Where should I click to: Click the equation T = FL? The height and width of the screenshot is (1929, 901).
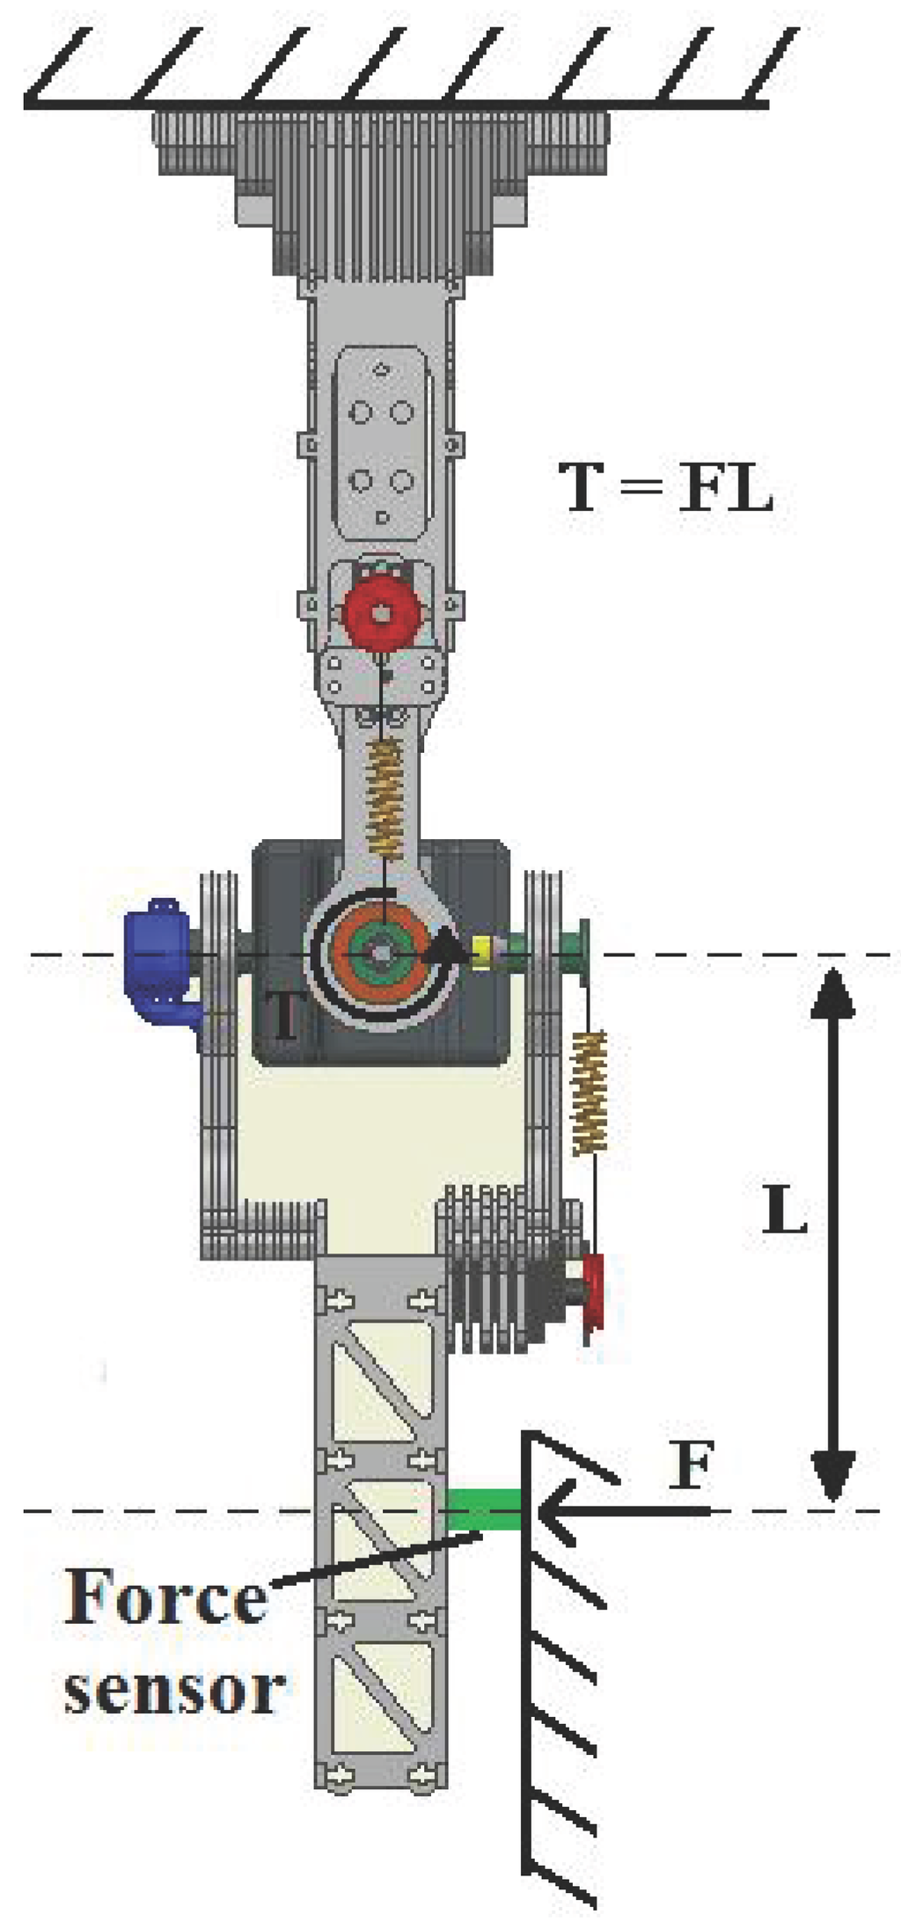pos(666,488)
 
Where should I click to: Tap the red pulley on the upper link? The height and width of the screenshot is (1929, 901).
pos(379,614)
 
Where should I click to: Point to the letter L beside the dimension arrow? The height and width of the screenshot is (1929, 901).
pos(783,1210)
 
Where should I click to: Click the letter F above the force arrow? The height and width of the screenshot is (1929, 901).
pos(690,1465)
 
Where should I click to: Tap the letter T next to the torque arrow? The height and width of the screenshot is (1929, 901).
pos(283,1013)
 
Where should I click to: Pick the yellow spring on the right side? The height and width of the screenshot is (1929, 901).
pos(590,1092)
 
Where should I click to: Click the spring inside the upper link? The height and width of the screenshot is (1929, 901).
pos(385,797)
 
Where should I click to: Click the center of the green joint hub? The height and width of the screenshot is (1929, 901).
pos(381,953)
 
